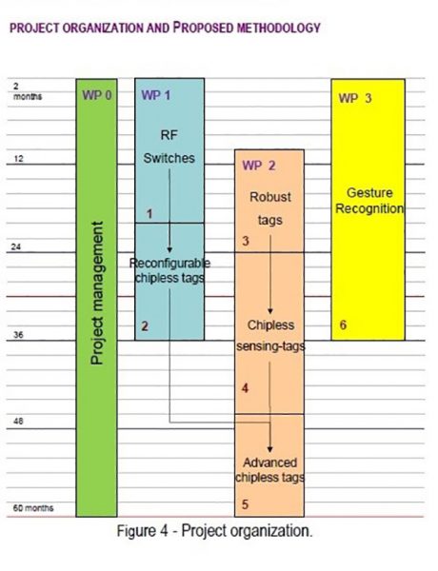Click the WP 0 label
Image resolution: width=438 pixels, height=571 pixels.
click(97, 95)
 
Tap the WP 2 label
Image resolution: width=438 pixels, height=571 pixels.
click(259, 166)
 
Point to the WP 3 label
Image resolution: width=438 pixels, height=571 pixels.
click(355, 98)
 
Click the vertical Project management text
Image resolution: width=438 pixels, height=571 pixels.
click(97, 293)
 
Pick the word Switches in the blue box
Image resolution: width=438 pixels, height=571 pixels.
click(169, 158)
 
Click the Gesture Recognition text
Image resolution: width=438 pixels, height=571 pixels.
click(369, 201)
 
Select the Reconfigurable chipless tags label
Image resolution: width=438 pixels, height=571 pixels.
click(169, 270)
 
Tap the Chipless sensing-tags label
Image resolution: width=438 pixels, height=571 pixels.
click(270, 336)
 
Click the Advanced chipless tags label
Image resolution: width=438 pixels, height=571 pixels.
click(269, 470)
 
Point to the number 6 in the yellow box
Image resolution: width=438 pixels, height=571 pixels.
click(343, 325)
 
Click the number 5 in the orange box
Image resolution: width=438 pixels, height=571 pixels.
click(246, 504)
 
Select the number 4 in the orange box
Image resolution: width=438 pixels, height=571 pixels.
click(246, 388)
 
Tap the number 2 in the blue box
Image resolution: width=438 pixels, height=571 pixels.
click(145, 326)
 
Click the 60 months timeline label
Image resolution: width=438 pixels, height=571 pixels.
click(33, 508)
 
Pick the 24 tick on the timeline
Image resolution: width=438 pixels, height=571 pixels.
click(16, 246)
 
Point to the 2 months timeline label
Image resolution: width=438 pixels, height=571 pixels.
click(28, 91)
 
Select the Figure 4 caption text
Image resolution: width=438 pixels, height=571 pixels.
click(214, 531)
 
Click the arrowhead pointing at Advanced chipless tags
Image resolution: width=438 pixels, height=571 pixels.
click(270, 449)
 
